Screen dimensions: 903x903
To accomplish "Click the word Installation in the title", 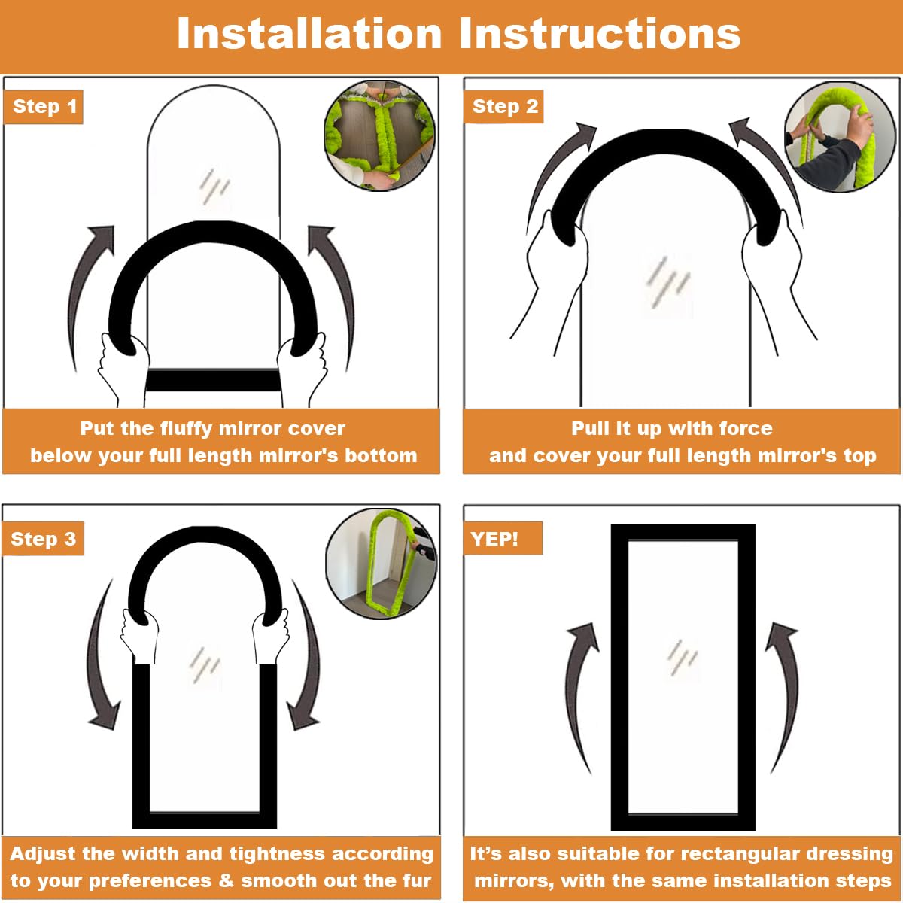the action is coord(309,33).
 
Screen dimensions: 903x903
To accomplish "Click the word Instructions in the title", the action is coord(600,33).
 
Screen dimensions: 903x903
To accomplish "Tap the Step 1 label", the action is coord(44,107).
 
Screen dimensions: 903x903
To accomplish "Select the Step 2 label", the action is coord(503,107).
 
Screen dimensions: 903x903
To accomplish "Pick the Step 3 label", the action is coord(43,539).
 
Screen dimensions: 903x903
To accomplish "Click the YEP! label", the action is coord(503,539).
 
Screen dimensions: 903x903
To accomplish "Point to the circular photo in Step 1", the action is coord(379,136).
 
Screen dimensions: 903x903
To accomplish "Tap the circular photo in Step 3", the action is coord(381,564).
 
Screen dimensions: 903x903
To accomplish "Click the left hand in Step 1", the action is coord(123,370).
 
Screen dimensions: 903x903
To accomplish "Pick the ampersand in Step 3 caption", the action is coord(226,880).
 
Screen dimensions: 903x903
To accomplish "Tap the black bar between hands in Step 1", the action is coord(214,380).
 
